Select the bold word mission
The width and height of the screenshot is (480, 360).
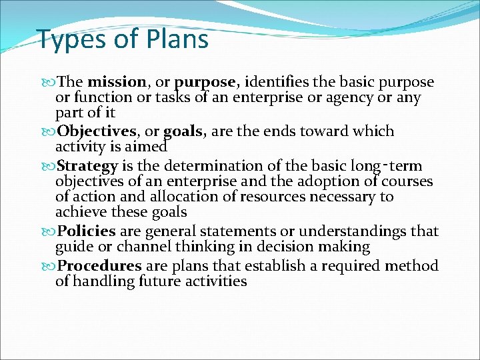(117, 83)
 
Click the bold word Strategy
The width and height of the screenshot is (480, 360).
(87, 165)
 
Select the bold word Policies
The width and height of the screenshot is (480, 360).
(87, 231)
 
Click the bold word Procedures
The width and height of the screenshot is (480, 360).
(99, 266)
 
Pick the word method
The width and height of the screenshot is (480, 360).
(415, 266)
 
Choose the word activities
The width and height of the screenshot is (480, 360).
(213, 281)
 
